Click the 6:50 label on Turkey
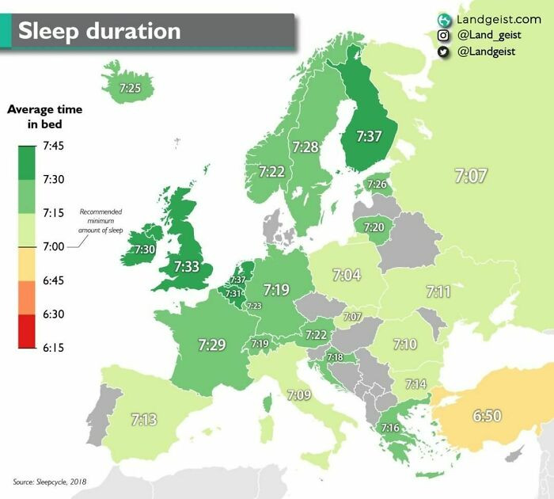coord(486,414)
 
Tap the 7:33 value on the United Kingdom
coord(187,267)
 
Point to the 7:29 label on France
coord(212,344)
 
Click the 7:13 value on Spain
coord(143,419)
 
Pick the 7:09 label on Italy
coord(299,394)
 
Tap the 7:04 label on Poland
coord(347,275)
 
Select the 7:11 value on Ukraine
coord(438,291)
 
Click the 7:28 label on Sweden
coord(305,147)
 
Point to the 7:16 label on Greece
coord(389,428)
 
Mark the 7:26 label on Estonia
coord(378,185)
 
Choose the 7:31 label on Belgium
coord(233,293)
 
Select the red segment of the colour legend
coord(26,331)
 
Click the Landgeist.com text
coord(499,18)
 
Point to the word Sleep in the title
coord(50,31)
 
